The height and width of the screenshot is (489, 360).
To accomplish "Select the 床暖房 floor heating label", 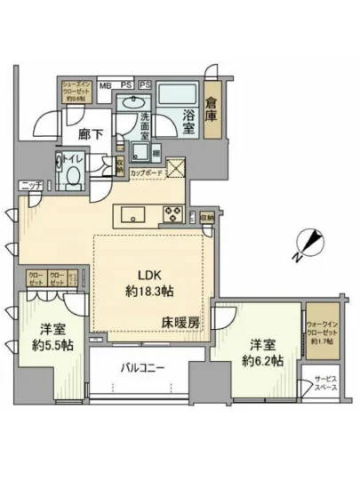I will (x=180, y=324).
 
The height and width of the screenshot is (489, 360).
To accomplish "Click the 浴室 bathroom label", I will (x=183, y=116).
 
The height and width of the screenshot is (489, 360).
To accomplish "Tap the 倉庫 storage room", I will (x=211, y=108).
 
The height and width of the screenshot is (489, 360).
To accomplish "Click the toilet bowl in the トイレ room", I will (x=68, y=172).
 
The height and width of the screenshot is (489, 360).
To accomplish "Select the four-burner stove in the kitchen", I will (x=171, y=212).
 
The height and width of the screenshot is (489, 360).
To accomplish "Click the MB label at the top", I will (x=104, y=84).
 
